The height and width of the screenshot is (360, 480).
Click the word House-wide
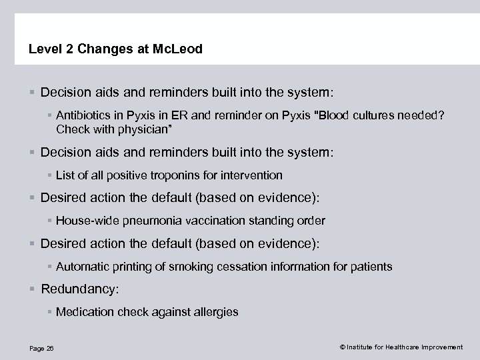click(83, 221)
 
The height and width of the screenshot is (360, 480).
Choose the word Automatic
click(81, 267)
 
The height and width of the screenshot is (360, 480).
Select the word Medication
click(83, 312)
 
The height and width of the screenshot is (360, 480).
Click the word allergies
click(217, 312)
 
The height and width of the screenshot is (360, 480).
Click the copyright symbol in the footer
click(343, 347)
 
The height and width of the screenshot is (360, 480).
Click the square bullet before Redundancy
click(33, 289)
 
